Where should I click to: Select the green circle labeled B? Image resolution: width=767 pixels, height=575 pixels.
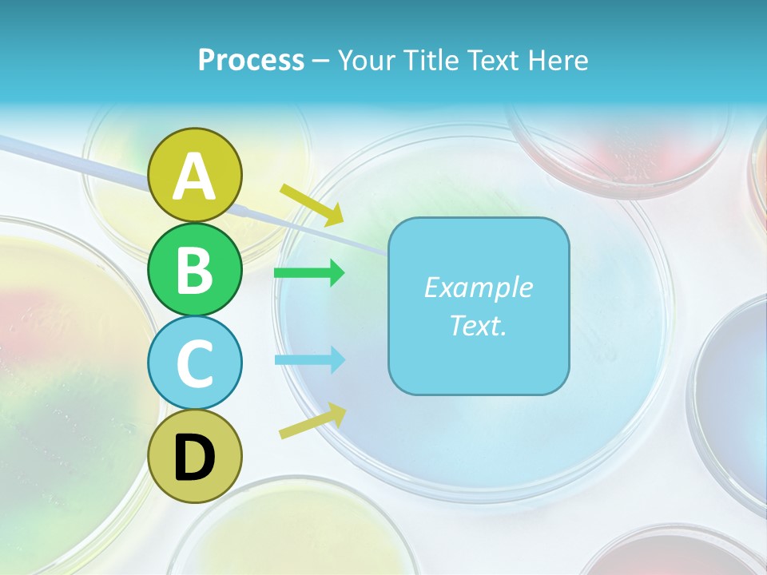(194, 269)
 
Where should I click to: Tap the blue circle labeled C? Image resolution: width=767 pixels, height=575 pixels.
(194, 363)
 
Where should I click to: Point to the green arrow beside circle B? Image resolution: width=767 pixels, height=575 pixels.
(309, 273)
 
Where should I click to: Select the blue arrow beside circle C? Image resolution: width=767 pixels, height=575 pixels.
(309, 359)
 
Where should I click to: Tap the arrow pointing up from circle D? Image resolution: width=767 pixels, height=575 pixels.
(312, 420)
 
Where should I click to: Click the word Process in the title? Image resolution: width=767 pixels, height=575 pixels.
(251, 60)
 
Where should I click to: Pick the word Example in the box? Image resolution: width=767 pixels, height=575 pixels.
(478, 287)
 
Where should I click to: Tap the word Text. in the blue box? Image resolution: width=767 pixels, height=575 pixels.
(478, 325)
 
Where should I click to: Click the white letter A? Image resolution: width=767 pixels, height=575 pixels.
(195, 176)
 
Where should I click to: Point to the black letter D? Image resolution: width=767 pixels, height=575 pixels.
(194, 459)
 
